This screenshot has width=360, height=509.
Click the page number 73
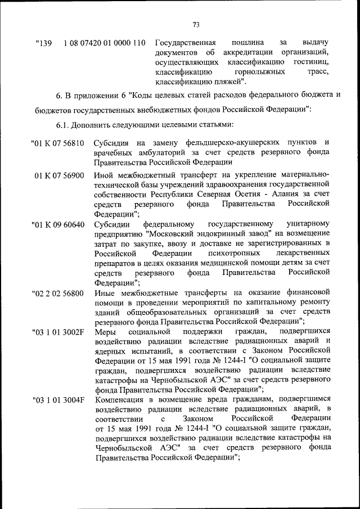point(196,24)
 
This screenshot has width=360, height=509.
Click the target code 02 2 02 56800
point(58,293)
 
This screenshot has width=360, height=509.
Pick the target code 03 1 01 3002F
point(58,333)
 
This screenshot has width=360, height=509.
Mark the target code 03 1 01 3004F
point(58,400)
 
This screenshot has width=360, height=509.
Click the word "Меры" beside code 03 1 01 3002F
point(105,333)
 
